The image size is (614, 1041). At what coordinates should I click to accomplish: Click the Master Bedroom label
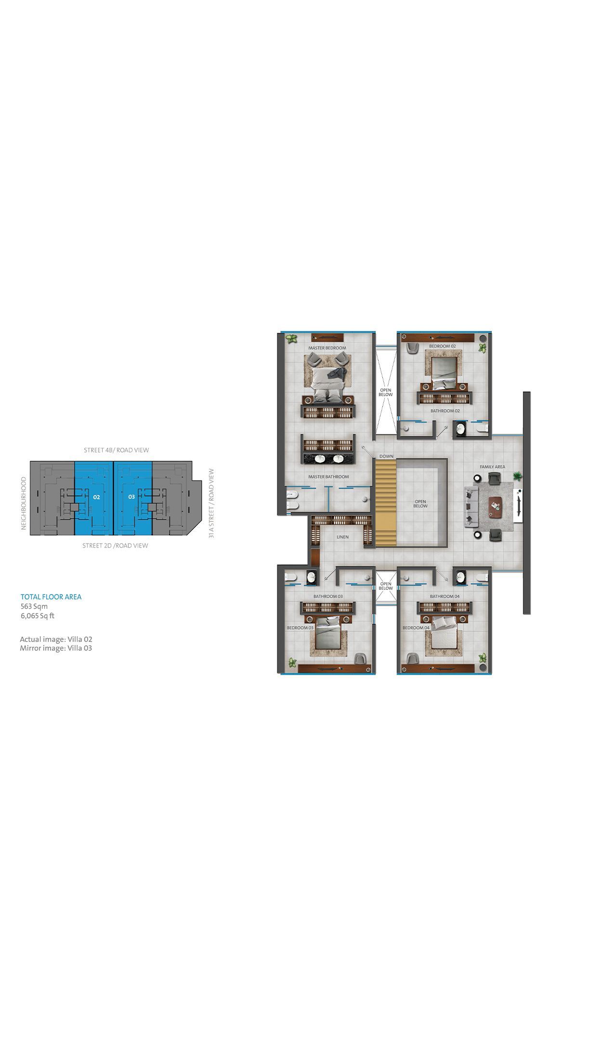327,348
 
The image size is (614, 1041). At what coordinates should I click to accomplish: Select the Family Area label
492,467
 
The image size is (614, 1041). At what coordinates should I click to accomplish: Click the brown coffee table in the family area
495,507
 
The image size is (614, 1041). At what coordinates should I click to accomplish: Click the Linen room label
342,537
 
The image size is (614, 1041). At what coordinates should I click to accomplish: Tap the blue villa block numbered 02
94,498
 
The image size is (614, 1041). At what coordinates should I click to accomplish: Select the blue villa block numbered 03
133,498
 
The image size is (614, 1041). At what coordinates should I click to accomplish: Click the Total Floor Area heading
51,597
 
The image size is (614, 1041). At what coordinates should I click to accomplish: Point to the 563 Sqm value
34,606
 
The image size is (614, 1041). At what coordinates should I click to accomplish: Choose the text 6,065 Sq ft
38,615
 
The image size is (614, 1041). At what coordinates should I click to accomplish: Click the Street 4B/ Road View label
117,450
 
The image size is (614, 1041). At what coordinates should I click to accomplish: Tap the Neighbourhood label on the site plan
23,504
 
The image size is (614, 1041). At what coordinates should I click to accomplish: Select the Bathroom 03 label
328,596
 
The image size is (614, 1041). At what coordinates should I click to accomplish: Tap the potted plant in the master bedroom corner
290,339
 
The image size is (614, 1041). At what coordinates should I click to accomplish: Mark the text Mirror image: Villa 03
56,648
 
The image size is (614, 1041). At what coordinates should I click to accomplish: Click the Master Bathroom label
328,477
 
